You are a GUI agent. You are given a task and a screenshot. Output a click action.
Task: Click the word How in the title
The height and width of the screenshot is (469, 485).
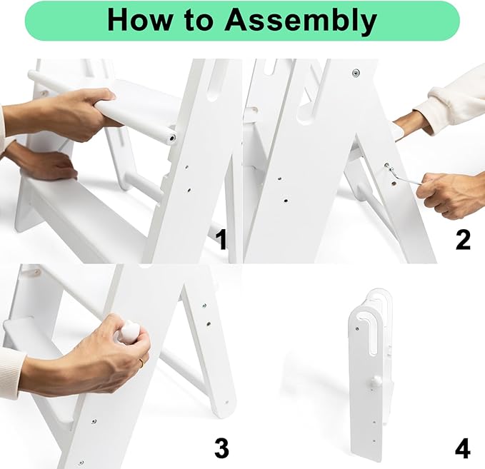(x=139, y=19)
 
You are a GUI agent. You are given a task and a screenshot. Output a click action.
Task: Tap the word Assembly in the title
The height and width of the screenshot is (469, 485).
(x=301, y=21)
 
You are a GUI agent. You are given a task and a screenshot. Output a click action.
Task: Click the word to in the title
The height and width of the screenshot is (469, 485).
(x=198, y=20)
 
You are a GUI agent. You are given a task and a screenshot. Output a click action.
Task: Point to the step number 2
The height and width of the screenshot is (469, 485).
(x=463, y=240)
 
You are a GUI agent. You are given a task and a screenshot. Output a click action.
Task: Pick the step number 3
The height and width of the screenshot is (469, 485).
(x=221, y=448)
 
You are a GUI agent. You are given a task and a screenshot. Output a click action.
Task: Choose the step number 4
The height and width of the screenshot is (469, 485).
(x=463, y=448)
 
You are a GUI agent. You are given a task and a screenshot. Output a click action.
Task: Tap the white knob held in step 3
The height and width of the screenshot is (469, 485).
(x=130, y=331)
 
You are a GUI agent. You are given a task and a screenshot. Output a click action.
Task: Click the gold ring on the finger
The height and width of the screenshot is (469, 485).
(x=141, y=363)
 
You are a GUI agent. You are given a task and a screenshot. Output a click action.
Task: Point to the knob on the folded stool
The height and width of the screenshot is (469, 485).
(x=376, y=381)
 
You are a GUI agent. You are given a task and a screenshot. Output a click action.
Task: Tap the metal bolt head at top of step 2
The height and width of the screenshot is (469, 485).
(x=356, y=74)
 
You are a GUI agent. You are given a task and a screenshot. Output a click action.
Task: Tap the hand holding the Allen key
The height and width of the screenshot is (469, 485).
(x=449, y=195)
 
